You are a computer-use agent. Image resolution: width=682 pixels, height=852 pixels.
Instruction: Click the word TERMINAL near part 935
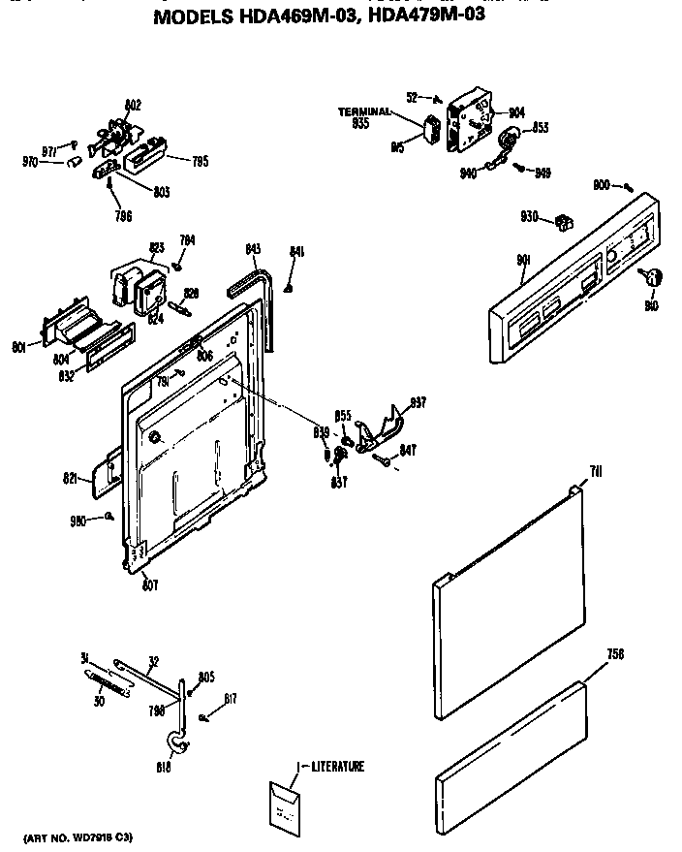pos(363,112)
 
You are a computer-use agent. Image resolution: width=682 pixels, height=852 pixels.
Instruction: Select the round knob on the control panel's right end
pos(652,278)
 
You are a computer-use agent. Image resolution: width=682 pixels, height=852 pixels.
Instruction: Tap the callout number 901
pos(523,259)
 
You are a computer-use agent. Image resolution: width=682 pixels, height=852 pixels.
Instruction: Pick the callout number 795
pos(200,162)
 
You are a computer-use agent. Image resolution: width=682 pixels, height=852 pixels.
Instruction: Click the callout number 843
pos(253,250)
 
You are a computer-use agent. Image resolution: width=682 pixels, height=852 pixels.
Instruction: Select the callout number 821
pos(70,478)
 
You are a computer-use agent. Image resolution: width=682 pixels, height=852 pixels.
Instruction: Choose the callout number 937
pos(418,402)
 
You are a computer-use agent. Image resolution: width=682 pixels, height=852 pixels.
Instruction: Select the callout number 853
pos(540,128)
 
